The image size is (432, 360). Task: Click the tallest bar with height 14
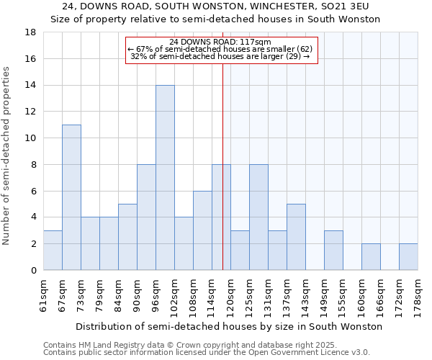point(165,178)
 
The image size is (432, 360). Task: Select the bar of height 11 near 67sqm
point(71,197)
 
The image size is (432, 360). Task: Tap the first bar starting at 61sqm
point(53,251)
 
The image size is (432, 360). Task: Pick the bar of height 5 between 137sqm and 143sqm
point(296,237)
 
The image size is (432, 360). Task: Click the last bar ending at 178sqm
point(408,257)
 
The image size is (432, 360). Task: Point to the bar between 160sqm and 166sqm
point(371,257)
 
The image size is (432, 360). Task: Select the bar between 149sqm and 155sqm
point(333,251)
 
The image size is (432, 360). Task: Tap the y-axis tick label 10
point(30,138)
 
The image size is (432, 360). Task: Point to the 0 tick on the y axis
point(33,271)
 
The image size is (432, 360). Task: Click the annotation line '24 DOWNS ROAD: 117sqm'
point(221,42)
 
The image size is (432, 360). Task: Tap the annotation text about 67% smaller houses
point(221,49)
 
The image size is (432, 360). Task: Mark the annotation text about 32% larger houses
point(221,56)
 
